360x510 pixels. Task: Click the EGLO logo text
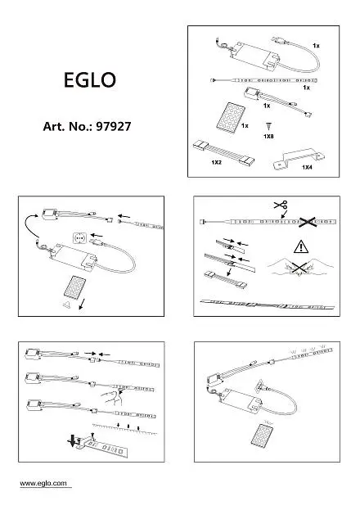(x=90, y=80)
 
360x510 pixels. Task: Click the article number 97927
(x=114, y=127)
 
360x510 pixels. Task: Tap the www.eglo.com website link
(x=43, y=483)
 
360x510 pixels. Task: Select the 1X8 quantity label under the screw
(x=268, y=136)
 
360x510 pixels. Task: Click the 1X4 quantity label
(x=307, y=167)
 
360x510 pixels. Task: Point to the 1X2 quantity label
(x=216, y=162)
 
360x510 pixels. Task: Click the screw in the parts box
(x=268, y=126)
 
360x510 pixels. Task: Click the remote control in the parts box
(x=231, y=116)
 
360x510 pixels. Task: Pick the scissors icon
(x=281, y=205)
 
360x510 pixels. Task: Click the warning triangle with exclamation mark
(x=301, y=246)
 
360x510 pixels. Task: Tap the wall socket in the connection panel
(x=79, y=239)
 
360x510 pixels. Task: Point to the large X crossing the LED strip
(x=308, y=222)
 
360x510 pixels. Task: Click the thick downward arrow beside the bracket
(x=72, y=440)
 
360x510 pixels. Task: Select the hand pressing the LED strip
(x=113, y=397)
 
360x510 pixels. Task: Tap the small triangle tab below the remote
(x=66, y=305)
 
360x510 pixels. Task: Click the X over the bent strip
(x=299, y=268)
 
